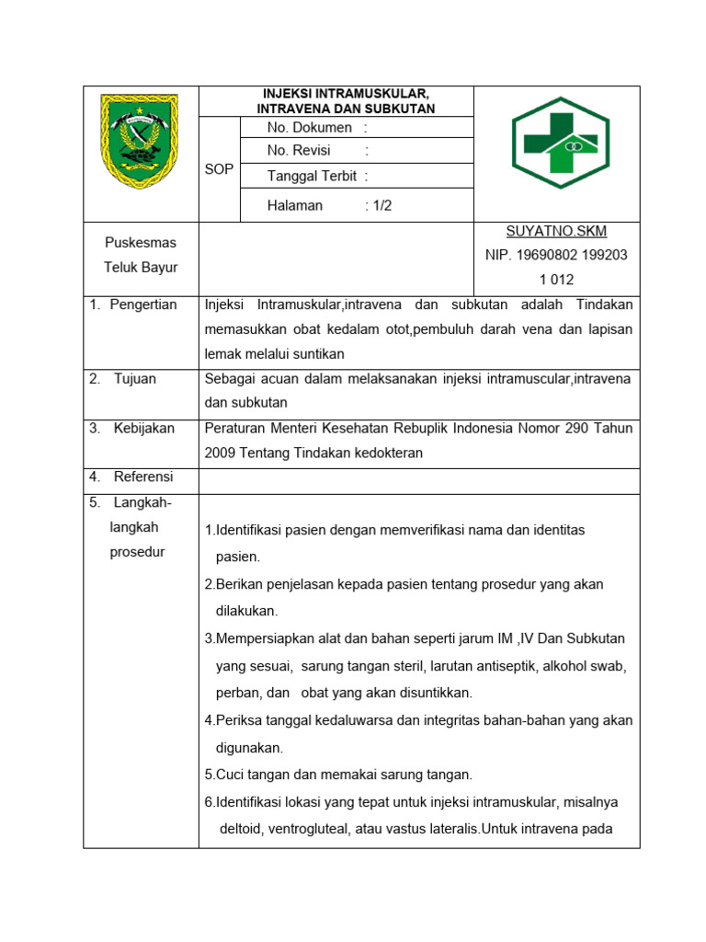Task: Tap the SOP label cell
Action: [x=220, y=169]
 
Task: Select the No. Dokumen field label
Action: [x=310, y=128]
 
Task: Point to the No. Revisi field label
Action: [x=299, y=151]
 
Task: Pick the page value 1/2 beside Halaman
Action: [x=381, y=206]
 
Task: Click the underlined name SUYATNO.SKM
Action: [x=557, y=231]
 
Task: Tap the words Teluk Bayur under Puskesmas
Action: [x=141, y=268]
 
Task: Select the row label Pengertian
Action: [x=142, y=304]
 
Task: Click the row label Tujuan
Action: [x=136, y=378]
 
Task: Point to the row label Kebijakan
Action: [x=143, y=429]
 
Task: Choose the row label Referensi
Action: [x=143, y=477]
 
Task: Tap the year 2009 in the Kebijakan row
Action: [x=221, y=454]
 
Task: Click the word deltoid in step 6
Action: [x=241, y=829]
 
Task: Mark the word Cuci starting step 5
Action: [x=230, y=775]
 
